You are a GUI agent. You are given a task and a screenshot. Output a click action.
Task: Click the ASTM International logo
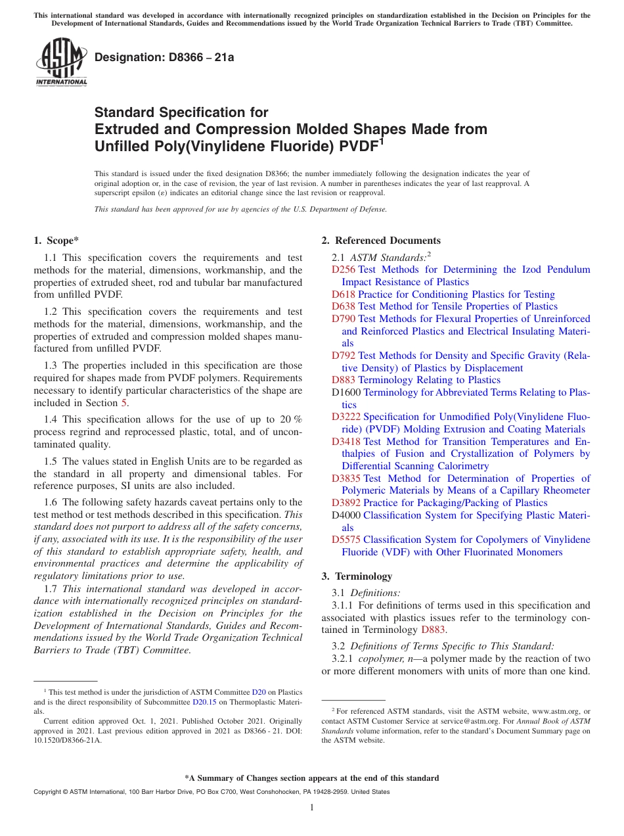tap(60, 62)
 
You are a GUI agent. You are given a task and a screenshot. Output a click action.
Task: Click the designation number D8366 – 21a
tap(164, 57)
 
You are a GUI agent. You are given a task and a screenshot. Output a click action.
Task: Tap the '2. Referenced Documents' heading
tap(381, 241)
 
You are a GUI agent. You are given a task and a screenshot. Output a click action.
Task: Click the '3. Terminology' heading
tap(357, 576)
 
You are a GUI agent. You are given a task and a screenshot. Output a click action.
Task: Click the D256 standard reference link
tap(344, 269)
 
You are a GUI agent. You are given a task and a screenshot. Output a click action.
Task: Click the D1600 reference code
tap(346, 392)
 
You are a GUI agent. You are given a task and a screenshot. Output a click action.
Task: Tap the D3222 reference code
tap(346, 417)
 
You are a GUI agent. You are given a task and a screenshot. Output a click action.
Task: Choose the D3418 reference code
tap(346, 442)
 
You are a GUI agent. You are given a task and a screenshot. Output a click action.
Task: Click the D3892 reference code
tap(346, 503)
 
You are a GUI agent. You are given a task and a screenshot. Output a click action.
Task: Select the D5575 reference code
tap(346, 540)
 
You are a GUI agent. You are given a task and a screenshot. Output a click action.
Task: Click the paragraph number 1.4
tap(51, 419)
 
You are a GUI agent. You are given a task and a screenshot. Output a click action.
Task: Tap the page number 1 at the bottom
tap(312, 807)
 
